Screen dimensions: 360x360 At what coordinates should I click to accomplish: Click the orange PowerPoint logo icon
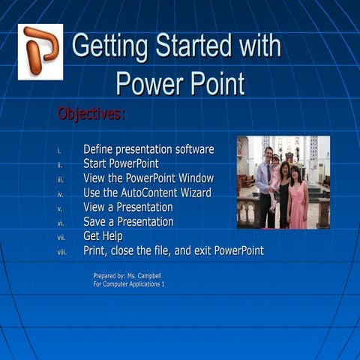[x=40, y=51]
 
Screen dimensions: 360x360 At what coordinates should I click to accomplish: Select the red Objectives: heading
[x=91, y=114]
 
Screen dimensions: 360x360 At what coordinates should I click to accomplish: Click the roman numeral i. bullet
[x=59, y=151]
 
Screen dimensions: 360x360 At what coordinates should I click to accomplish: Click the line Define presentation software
[x=148, y=149]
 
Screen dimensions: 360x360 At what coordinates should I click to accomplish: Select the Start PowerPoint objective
[x=121, y=163]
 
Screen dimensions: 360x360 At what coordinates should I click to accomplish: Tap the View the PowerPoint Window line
[x=148, y=178]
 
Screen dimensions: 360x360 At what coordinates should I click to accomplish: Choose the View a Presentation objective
[x=128, y=207]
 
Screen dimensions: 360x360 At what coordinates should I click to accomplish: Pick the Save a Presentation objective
[x=128, y=221]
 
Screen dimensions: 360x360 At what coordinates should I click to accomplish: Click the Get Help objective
[x=103, y=236]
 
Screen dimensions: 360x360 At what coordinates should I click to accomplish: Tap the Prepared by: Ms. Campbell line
[x=127, y=276]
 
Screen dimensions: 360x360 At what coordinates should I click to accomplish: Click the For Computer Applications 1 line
[x=128, y=284]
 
